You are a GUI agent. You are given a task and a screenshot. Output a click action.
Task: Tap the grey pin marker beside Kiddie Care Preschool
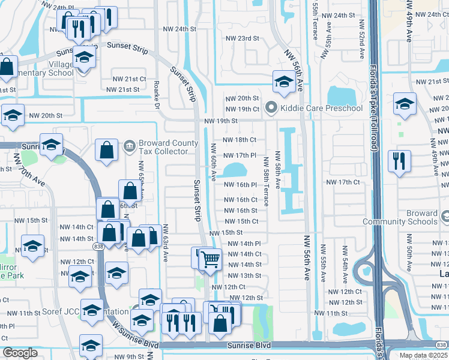(271, 109)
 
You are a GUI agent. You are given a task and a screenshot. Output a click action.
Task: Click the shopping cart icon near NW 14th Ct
(211, 259)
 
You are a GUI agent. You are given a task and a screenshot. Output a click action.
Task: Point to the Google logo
(20, 353)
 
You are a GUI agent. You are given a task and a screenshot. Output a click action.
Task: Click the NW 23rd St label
(242, 38)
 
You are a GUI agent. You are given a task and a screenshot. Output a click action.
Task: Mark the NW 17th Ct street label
(342, 182)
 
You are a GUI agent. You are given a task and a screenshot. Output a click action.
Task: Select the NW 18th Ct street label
(240, 140)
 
